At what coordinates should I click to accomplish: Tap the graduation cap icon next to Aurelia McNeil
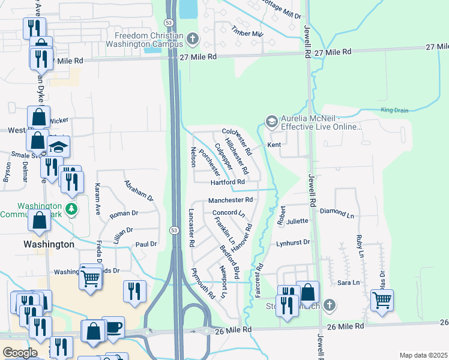[271, 122]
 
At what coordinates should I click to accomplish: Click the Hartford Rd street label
[228, 182]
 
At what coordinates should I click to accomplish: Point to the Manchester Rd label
[230, 200]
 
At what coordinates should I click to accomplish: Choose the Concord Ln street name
[229, 213]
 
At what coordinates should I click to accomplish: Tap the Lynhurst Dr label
[292, 242]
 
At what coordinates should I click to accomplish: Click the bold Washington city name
[48, 244]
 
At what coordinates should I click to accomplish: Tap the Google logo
[20, 352]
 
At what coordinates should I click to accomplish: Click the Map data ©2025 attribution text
[423, 355]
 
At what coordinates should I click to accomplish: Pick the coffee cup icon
[113, 327]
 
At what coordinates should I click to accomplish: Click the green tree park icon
[71, 209]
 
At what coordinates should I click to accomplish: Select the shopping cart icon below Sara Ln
[382, 299]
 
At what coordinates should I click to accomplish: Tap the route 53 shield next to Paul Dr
[173, 230]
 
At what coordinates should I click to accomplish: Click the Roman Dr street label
[124, 213]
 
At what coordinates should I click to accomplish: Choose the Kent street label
[274, 145]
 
